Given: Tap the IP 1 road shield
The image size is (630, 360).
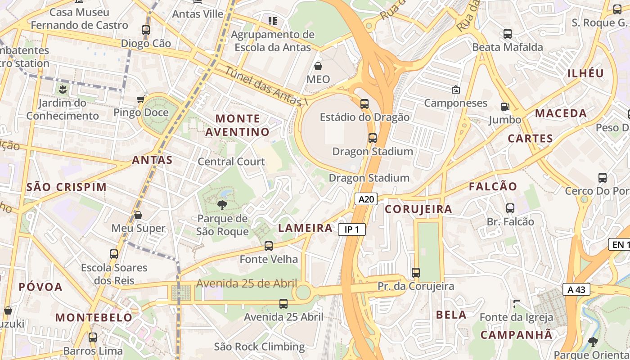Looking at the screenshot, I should click(351, 230).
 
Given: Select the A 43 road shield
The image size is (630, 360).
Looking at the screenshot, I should click(576, 289).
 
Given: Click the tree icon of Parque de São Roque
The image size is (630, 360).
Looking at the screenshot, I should click(222, 206).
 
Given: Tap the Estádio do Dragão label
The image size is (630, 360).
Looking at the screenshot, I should click(364, 117).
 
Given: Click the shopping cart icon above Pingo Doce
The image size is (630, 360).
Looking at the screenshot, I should click(141, 99).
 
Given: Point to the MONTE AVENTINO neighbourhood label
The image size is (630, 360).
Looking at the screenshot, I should click(238, 125).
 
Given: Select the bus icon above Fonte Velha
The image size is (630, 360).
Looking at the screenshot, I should click(269, 246).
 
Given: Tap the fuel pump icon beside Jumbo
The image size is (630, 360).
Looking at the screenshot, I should click(505, 107).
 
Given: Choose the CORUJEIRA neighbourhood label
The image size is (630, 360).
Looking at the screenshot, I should click(418, 209).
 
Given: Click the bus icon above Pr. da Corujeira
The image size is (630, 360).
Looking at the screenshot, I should click(416, 273).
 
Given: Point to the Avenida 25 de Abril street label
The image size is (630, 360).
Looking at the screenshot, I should click(247, 283).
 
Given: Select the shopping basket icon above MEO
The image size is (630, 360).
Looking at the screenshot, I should click(318, 67).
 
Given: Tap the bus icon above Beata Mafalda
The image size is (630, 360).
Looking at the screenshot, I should click(507, 34).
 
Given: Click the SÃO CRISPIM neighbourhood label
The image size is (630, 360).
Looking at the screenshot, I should click(67, 187).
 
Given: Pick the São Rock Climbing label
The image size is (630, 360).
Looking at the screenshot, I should click(259, 347).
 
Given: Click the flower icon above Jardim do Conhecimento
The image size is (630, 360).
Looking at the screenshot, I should click(62, 89).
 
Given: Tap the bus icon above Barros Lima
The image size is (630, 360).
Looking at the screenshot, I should click(93, 337).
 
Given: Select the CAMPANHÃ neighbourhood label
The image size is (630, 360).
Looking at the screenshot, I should click(516, 335).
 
